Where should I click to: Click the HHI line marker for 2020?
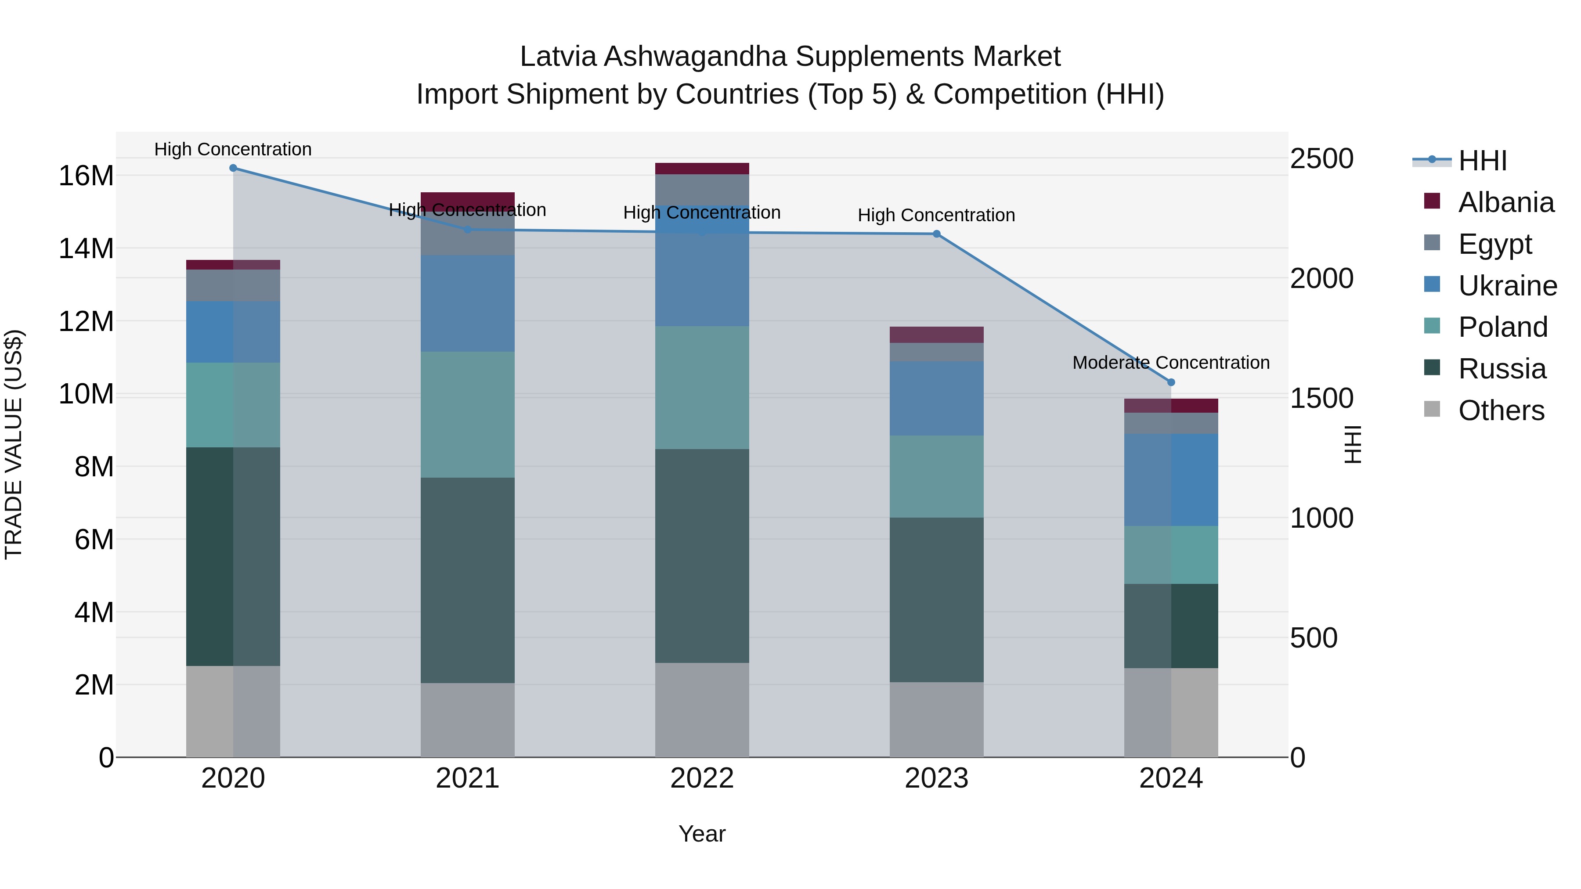(233, 168)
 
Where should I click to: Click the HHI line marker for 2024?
(1170, 382)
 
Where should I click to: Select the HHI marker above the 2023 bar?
(937, 234)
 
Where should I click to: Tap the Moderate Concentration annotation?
(1170, 363)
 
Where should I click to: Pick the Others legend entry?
(1501, 410)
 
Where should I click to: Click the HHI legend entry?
(1482, 161)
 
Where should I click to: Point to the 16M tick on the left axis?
(86, 176)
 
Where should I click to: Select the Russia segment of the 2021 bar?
(467, 580)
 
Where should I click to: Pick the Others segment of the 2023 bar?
(937, 719)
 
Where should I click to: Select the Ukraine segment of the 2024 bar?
(1170, 480)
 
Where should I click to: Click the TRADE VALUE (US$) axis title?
(14, 444)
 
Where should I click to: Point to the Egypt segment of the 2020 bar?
(233, 285)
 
